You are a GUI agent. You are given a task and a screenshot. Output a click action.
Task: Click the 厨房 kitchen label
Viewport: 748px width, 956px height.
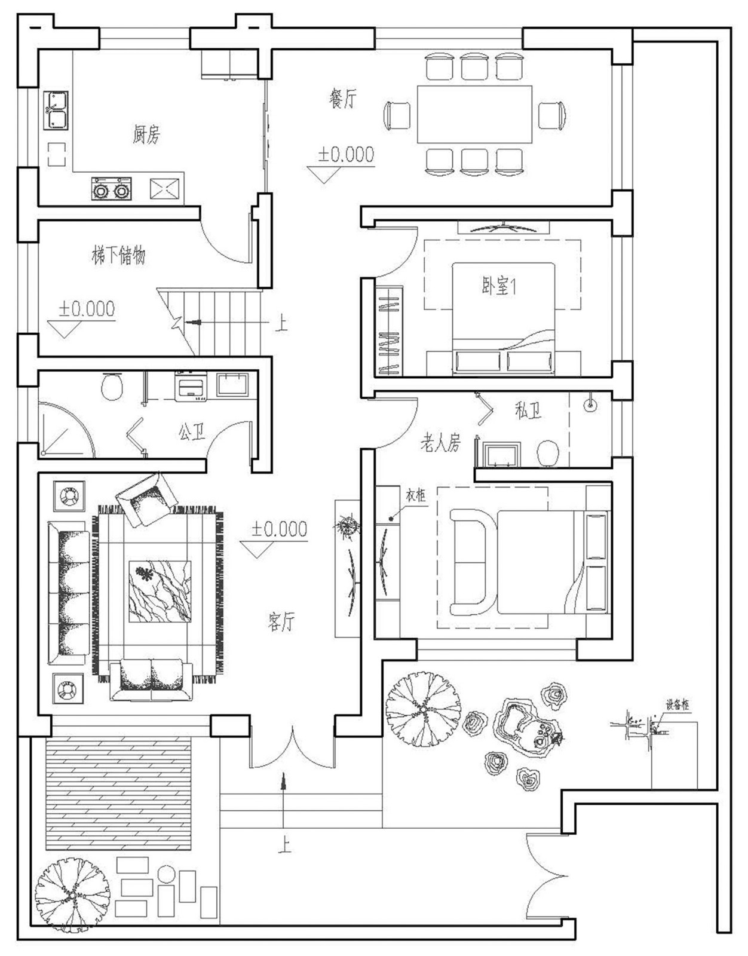[x=146, y=134]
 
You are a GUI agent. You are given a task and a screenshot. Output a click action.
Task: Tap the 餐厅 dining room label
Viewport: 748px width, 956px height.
[x=342, y=98]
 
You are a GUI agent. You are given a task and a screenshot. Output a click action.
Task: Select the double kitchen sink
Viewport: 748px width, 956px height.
[x=56, y=110]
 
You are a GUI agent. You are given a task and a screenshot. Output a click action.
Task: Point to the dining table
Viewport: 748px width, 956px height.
[x=474, y=114]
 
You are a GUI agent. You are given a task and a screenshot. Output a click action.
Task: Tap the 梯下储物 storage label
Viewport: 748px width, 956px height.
[x=118, y=255]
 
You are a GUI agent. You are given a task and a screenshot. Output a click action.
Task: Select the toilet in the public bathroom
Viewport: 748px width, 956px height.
[x=112, y=387]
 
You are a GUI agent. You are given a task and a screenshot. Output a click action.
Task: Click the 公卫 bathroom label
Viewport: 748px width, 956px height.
[x=191, y=431]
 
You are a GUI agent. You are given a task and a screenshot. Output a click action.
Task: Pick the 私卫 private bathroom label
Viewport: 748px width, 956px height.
[x=528, y=410]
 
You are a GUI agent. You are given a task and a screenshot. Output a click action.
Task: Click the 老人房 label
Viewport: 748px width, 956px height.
[x=440, y=443]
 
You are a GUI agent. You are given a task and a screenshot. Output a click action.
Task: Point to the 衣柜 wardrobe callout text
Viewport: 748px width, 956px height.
[x=416, y=495]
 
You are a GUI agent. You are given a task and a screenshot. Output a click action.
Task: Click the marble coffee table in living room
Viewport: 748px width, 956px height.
[x=160, y=591]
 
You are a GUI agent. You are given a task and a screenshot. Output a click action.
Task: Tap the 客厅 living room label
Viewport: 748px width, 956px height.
[x=281, y=622]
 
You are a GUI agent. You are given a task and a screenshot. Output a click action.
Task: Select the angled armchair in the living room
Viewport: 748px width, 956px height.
[x=146, y=499]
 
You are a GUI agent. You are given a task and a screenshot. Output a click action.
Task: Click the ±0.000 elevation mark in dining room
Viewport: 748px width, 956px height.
[x=345, y=155]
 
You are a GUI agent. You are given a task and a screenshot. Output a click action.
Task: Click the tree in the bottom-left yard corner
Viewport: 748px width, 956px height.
[x=72, y=895]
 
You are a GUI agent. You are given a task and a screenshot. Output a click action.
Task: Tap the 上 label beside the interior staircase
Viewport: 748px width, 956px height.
[x=281, y=324]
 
